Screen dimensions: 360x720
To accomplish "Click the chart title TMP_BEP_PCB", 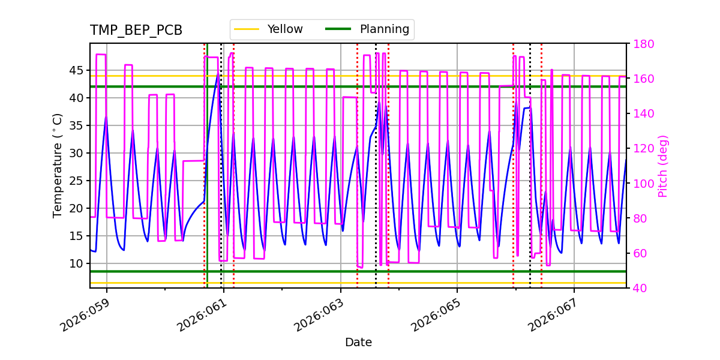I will [x=136, y=31].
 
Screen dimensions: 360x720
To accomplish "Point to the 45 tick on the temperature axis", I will [x=77, y=70].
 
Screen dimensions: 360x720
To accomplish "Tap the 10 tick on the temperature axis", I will [x=77, y=263].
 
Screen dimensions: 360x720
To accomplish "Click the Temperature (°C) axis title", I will [x=58, y=166].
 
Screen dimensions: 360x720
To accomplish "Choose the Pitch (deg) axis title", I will [x=663, y=166].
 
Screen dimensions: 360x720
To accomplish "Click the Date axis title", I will [x=358, y=343].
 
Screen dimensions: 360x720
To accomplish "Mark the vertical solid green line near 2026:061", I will [x=207, y=180].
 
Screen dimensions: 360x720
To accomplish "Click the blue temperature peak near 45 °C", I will [x=217, y=74].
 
